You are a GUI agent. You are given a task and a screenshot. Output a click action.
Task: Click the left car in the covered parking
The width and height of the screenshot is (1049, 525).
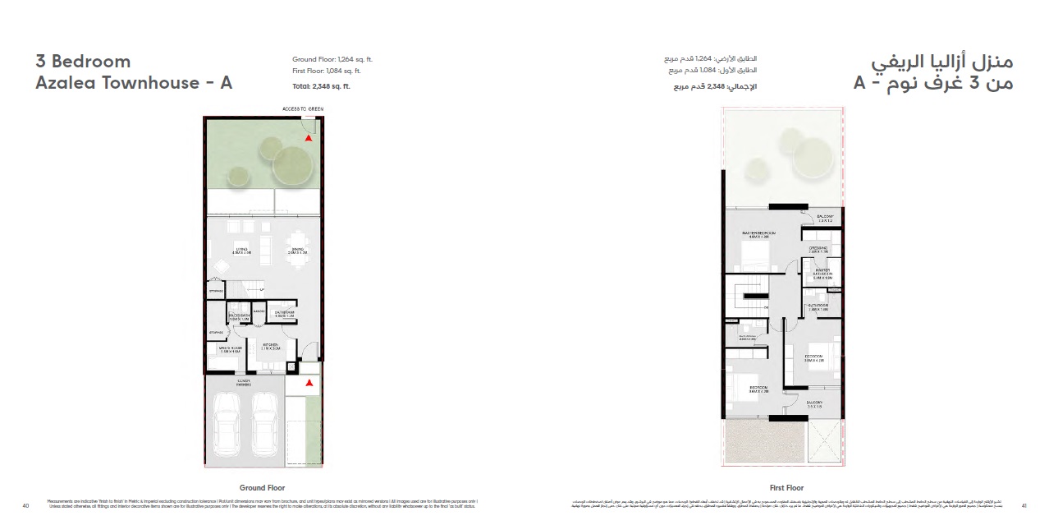coord(227,419)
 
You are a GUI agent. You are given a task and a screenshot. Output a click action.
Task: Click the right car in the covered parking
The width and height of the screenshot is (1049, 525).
coord(264,419)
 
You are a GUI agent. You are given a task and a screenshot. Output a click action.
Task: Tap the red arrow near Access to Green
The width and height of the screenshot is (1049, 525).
coord(309,139)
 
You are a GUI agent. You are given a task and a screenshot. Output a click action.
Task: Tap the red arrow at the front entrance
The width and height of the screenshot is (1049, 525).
coord(309,383)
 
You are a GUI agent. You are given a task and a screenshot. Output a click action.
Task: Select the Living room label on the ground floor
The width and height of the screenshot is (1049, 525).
coord(242,251)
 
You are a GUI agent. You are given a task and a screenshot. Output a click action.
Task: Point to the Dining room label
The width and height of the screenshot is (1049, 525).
coord(296,251)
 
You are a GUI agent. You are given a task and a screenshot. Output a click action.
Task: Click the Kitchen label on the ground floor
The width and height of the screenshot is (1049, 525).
coord(270,348)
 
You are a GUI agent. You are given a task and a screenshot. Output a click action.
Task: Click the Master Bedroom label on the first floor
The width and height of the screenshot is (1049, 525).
coord(758,234)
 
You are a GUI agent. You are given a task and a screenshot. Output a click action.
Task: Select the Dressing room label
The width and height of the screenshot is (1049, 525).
coord(818,249)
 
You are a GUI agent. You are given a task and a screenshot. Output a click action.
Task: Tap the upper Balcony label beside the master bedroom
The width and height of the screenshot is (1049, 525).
coord(825,219)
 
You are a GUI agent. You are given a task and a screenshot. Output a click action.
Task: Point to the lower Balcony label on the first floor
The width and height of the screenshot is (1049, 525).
coord(813,404)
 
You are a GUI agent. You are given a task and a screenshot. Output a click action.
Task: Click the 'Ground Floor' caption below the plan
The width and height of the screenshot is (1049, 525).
coord(263,487)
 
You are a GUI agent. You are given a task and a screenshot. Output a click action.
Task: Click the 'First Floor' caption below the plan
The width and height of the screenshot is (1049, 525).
coord(786,487)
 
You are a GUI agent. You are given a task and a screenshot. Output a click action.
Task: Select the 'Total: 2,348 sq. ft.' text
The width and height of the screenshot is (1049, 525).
coord(322,86)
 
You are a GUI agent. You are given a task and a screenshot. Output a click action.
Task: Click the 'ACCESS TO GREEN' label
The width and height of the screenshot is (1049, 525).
coord(303,108)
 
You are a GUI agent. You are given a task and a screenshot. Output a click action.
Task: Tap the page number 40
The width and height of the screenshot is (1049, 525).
coord(26,505)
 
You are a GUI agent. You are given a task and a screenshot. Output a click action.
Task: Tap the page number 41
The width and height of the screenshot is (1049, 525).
coord(1024,505)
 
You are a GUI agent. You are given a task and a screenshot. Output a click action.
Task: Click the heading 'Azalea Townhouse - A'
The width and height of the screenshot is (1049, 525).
coord(134,83)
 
